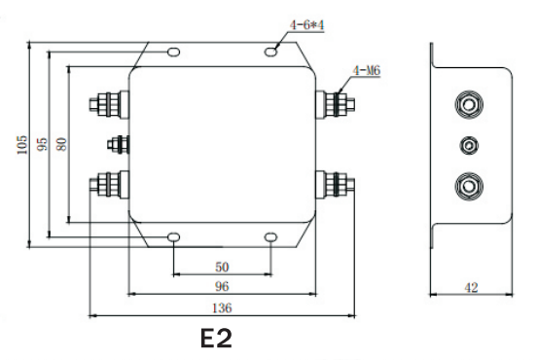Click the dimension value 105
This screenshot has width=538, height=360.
click(x=21, y=144)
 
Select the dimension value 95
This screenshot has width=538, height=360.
click(x=42, y=144)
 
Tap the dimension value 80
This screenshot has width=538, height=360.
click(x=61, y=144)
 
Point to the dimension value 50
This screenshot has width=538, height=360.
click(x=222, y=267)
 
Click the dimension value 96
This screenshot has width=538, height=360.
click(x=222, y=287)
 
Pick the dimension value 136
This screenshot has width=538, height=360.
click(x=222, y=307)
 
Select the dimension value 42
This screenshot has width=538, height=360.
click(x=471, y=287)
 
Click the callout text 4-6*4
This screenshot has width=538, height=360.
click(x=306, y=25)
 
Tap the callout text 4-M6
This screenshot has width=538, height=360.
click(x=367, y=71)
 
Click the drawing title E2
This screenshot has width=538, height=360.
click(x=216, y=339)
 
